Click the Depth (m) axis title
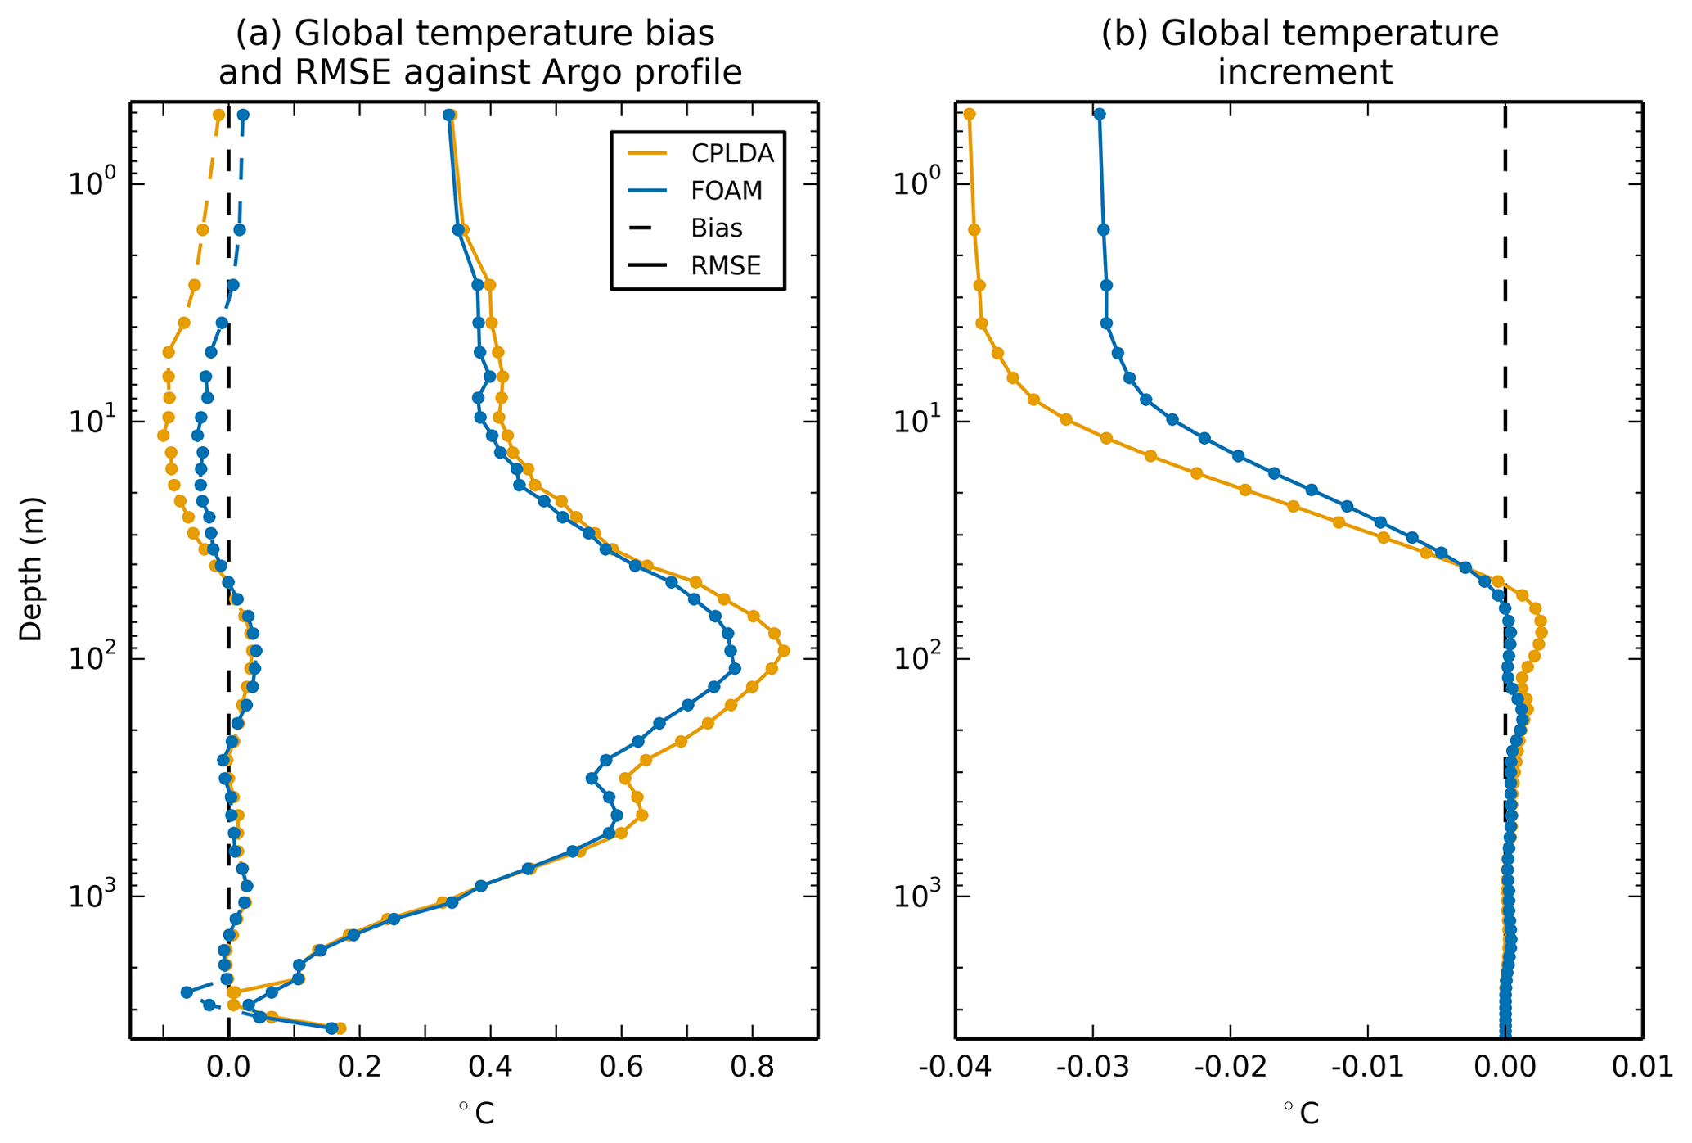pos(31,569)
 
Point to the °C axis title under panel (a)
pos(475,1113)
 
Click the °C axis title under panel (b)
pos(1300,1113)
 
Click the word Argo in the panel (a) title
pos(581,73)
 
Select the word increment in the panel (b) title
pos(1304,73)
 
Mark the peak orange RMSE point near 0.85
pos(784,651)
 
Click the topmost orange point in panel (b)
pos(970,114)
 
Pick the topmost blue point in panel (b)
pos(1099,114)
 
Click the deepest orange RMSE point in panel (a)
pos(340,1028)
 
